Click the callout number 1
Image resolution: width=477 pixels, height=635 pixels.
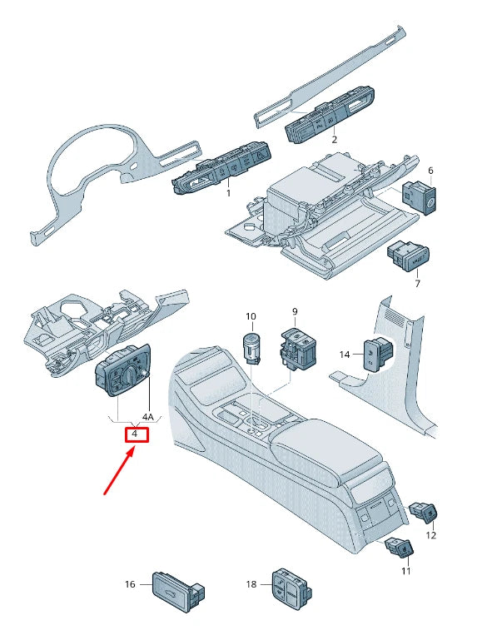[x=228, y=193]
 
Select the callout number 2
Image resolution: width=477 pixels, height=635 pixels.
[x=334, y=140]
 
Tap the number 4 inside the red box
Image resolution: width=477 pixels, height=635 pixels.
[x=135, y=434]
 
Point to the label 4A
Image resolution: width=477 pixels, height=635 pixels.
[x=148, y=417]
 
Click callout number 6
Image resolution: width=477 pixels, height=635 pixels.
[x=430, y=171]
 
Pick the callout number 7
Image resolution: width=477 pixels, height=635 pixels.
[x=417, y=284]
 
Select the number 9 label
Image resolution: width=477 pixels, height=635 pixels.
[x=295, y=311]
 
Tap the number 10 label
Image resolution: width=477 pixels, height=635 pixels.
[x=251, y=316]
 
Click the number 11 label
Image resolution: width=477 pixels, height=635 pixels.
[x=406, y=571]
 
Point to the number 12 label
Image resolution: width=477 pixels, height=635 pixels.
[x=431, y=535]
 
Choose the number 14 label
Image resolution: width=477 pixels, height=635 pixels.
[x=345, y=355]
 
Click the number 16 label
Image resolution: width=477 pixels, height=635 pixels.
[x=130, y=584]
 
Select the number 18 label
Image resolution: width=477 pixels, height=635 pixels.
[x=251, y=584]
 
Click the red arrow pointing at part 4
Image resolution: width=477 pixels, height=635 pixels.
[x=119, y=473]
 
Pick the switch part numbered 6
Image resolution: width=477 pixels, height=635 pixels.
[x=419, y=198]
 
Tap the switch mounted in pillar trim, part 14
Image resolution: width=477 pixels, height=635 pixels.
[x=377, y=354]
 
